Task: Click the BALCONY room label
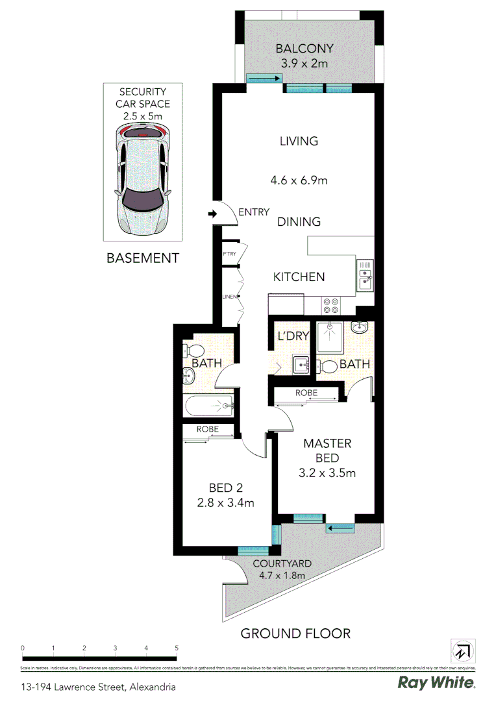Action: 304,49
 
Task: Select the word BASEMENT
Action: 142,258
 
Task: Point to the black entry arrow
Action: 212,214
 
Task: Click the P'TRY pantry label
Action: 229,254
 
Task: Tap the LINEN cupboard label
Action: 229,297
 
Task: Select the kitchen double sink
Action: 365,273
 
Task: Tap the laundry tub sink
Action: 301,365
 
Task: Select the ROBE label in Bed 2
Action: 207,430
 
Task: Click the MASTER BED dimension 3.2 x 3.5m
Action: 327,473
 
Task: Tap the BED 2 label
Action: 226,488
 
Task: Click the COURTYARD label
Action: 282,563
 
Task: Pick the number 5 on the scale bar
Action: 177,648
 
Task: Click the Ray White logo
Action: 436,683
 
